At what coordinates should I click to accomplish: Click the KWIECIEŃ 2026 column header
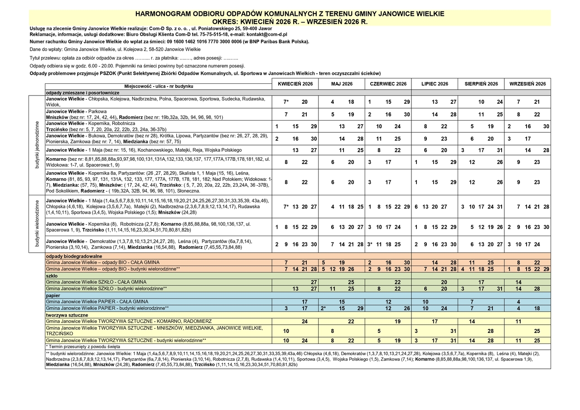tap(295, 84)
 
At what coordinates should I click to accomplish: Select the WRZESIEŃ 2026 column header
tap(527, 84)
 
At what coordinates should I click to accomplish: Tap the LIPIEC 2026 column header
tap(435, 84)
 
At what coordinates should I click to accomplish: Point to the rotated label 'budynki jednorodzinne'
tap(37, 145)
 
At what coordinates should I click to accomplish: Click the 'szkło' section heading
tap(52, 275)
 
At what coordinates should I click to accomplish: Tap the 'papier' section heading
tap(53, 295)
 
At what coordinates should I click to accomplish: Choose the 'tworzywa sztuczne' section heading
tap(67, 315)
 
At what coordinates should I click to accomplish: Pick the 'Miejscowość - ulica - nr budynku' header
tap(159, 86)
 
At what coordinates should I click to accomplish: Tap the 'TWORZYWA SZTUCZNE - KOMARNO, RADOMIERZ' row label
tap(129, 321)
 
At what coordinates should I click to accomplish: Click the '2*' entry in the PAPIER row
tap(323, 308)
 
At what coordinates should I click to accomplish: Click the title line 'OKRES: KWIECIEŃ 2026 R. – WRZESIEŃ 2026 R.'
tap(290, 21)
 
